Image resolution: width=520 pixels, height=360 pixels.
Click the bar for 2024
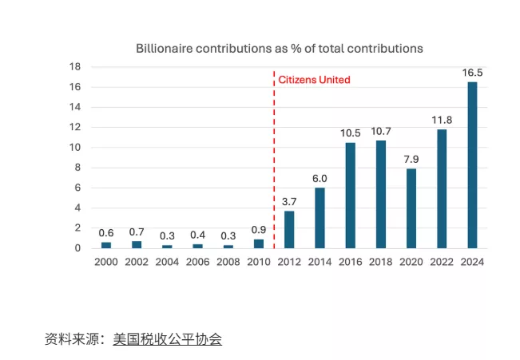(x=472, y=165)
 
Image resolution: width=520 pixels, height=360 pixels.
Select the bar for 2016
(x=350, y=196)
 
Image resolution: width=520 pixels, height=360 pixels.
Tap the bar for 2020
(x=411, y=208)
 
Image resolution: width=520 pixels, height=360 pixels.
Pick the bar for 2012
(x=289, y=229)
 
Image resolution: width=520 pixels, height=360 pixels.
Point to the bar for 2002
(x=137, y=244)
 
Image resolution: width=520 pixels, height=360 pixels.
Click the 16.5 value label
(x=472, y=73)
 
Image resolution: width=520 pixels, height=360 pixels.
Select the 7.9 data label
(x=411, y=159)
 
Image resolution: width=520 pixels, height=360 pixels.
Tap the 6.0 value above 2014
(x=320, y=179)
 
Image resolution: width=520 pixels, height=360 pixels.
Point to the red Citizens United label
(x=314, y=80)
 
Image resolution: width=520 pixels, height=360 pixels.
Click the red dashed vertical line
(x=274, y=160)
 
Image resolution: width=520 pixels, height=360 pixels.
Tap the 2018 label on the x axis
(x=380, y=261)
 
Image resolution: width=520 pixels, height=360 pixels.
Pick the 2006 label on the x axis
(x=197, y=261)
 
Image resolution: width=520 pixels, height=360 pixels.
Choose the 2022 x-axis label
(x=442, y=261)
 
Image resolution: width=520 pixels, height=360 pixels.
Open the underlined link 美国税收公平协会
(x=167, y=339)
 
